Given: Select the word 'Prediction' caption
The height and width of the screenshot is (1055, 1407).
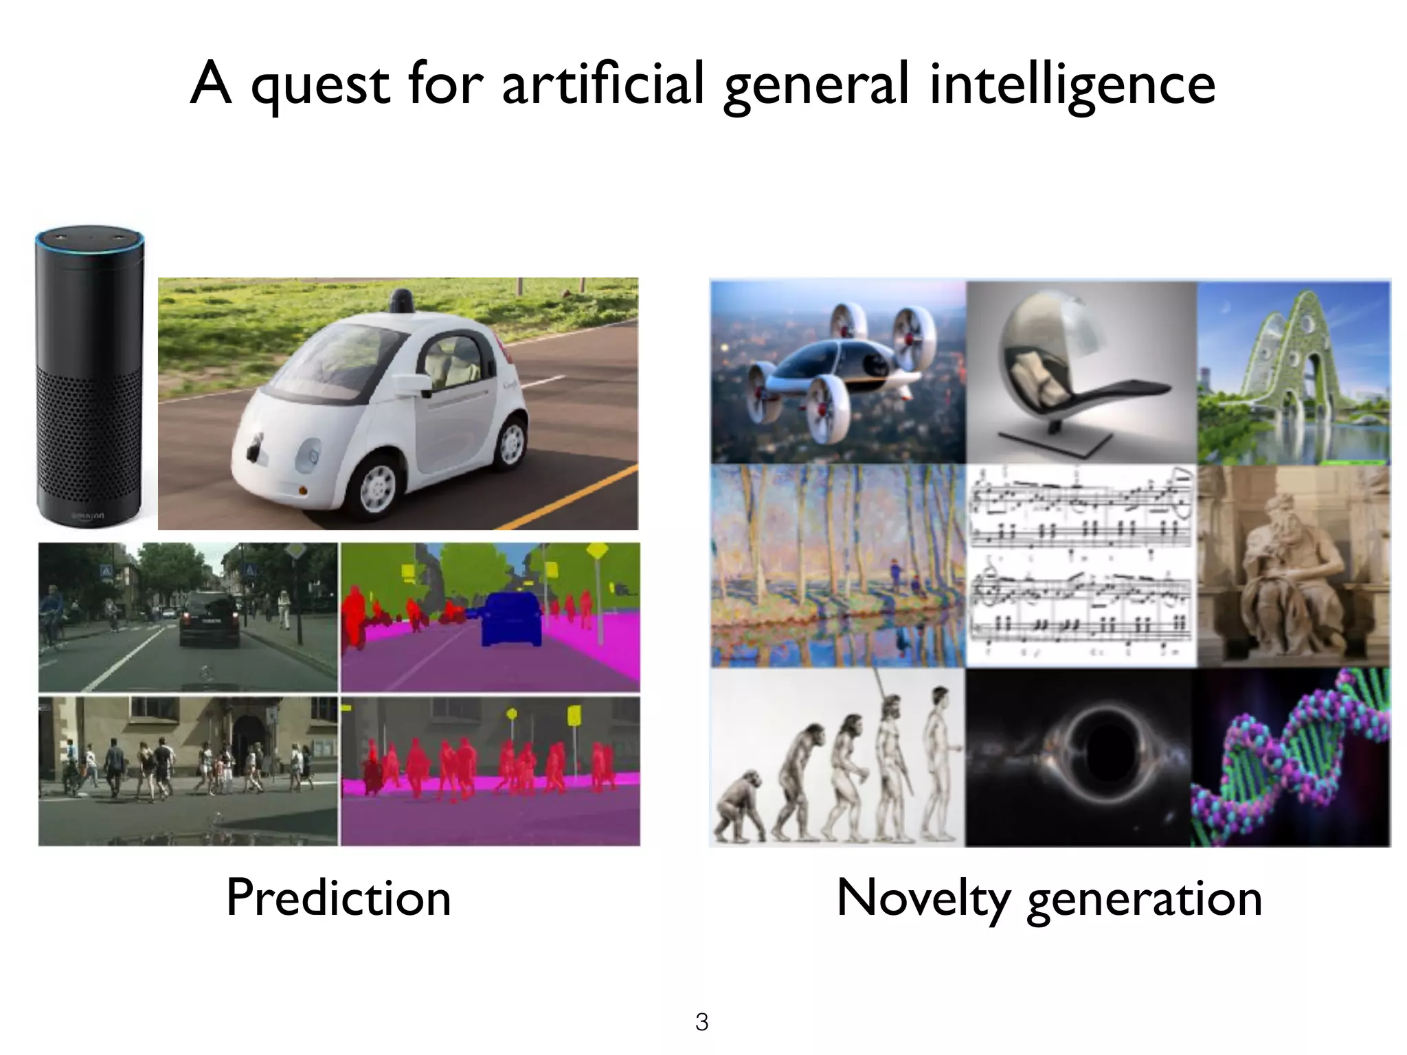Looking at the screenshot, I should [338, 897].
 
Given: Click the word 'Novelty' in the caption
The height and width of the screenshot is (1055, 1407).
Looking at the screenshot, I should [923, 897].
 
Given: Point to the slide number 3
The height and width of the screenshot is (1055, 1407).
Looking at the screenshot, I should [701, 1022].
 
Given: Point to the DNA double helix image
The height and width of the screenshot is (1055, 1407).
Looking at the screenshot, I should [1292, 759].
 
